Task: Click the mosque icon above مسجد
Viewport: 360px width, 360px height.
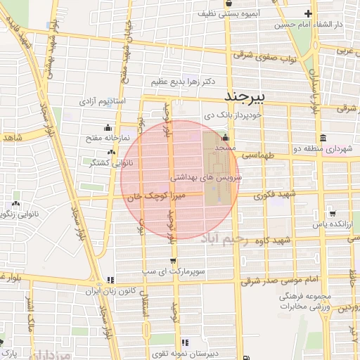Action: [x=225, y=137]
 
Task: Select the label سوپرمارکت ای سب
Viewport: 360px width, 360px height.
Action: [x=173, y=270]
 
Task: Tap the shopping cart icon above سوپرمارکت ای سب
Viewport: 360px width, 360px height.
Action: [x=173, y=258]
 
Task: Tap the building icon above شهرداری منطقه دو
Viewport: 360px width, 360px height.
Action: [x=322, y=137]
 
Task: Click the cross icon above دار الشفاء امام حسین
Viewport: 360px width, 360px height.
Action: [x=309, y=13]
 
